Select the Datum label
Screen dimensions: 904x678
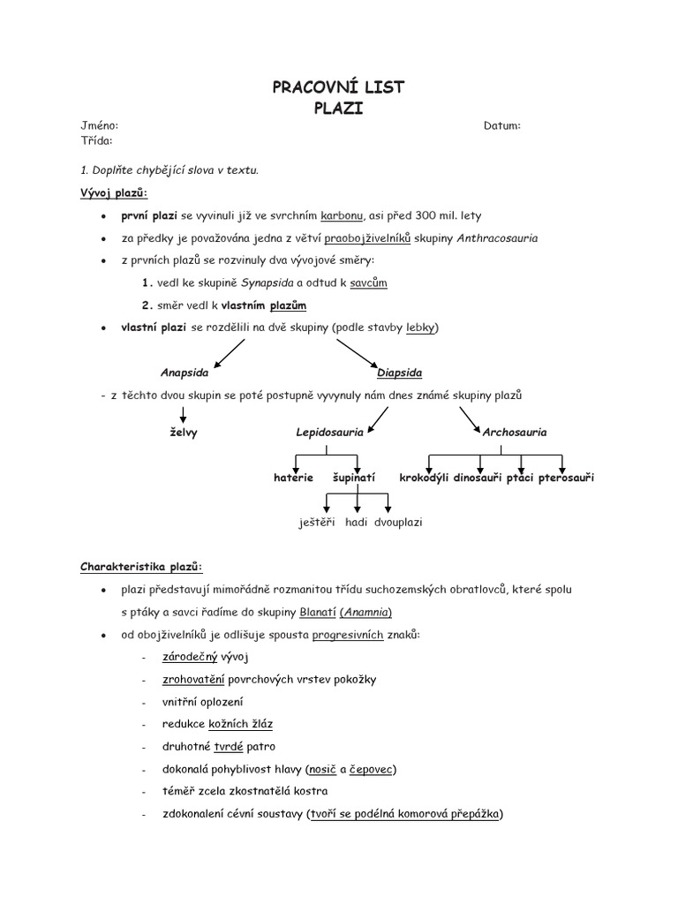501,126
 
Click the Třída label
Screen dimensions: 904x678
96,139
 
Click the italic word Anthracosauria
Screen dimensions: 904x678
497,238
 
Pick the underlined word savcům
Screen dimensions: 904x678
368,283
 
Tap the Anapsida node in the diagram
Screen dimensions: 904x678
185,373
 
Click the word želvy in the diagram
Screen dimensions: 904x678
184,433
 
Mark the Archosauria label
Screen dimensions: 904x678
515,433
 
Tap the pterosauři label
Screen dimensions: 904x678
566,478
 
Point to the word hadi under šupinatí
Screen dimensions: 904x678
356,522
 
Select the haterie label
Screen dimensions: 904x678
293,478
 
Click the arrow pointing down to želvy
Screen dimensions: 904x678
183,415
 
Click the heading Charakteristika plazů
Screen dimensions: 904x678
141,566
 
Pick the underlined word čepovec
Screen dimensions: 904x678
371,769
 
